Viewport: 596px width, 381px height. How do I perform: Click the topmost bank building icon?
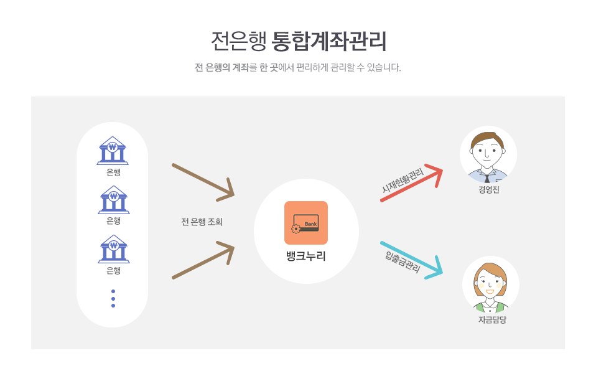coord(113,151)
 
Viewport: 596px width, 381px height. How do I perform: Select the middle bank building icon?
coord(114,200)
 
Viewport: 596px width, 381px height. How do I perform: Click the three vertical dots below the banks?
coord(113,298)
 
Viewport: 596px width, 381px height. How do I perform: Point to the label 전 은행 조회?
coord(202,222)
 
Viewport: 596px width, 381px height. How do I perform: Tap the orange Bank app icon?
coord(306,223)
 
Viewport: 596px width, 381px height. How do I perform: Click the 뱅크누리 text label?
coord(306,256)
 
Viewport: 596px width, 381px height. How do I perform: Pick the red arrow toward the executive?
coord(412,183)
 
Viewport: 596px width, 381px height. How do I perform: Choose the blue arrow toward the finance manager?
coord(412,260)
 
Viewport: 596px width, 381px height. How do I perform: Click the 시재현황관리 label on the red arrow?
coord(403,181)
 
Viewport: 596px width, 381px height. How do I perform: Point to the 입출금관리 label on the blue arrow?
coord(403,262)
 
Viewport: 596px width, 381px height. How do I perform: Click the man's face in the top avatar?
coord(487,151)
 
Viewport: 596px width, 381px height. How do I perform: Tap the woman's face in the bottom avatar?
coord(490,283)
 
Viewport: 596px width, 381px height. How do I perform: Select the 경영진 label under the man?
coord(489,189)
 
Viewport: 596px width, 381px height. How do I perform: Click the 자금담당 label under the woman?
coord(492,320)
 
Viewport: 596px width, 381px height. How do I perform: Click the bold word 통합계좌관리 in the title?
coord(329,41)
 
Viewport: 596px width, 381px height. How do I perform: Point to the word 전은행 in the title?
coord(238,41)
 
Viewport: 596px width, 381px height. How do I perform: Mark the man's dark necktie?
coord(487,178)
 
